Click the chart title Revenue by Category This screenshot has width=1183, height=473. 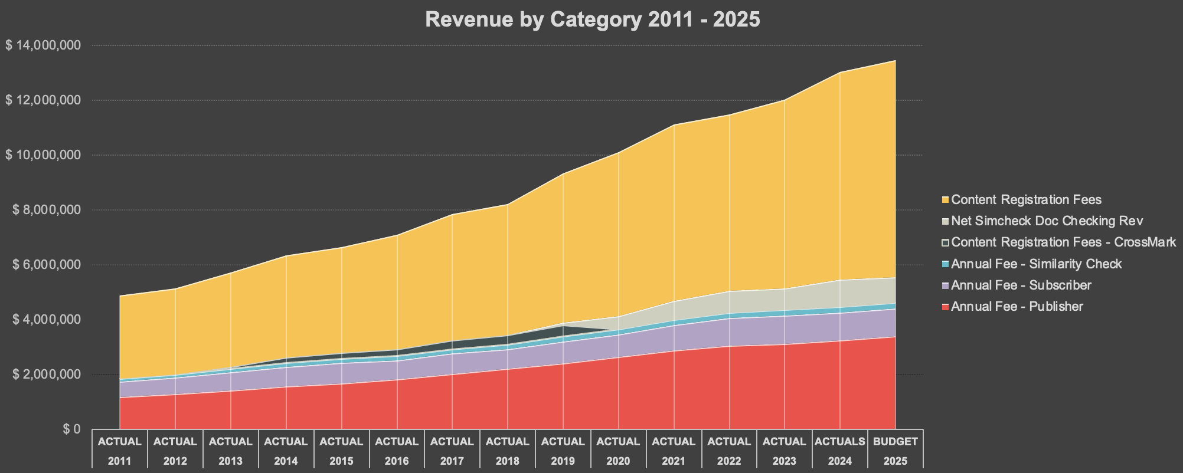point(592,19)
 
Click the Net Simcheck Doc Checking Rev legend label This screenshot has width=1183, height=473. point(1047,221)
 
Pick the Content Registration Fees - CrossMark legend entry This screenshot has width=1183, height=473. point(1063,242)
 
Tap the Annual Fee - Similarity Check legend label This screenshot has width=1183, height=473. point(1036,264)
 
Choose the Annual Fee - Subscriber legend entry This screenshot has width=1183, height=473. point(1021,285)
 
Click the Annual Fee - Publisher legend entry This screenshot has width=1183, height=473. point(1017,307)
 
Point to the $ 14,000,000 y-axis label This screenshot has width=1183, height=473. point(43,45)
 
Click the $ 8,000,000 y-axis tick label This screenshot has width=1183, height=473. point(46,210)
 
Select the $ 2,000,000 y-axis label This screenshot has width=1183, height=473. point(46,375)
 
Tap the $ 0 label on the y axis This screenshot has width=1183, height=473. point(72,429)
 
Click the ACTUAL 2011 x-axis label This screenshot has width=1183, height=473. point(120,451)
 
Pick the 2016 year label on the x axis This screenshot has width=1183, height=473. point(397,461)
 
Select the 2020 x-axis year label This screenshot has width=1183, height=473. point(618,461)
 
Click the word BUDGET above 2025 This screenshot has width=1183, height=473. point(896,441)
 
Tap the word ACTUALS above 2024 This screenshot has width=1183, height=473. point(840,441)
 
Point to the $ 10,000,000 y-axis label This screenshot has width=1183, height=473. point(43,155)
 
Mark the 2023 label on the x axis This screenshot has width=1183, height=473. point(785,461)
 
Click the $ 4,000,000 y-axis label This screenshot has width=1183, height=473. point(46,320)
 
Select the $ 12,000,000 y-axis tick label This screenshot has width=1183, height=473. point(43,100)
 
